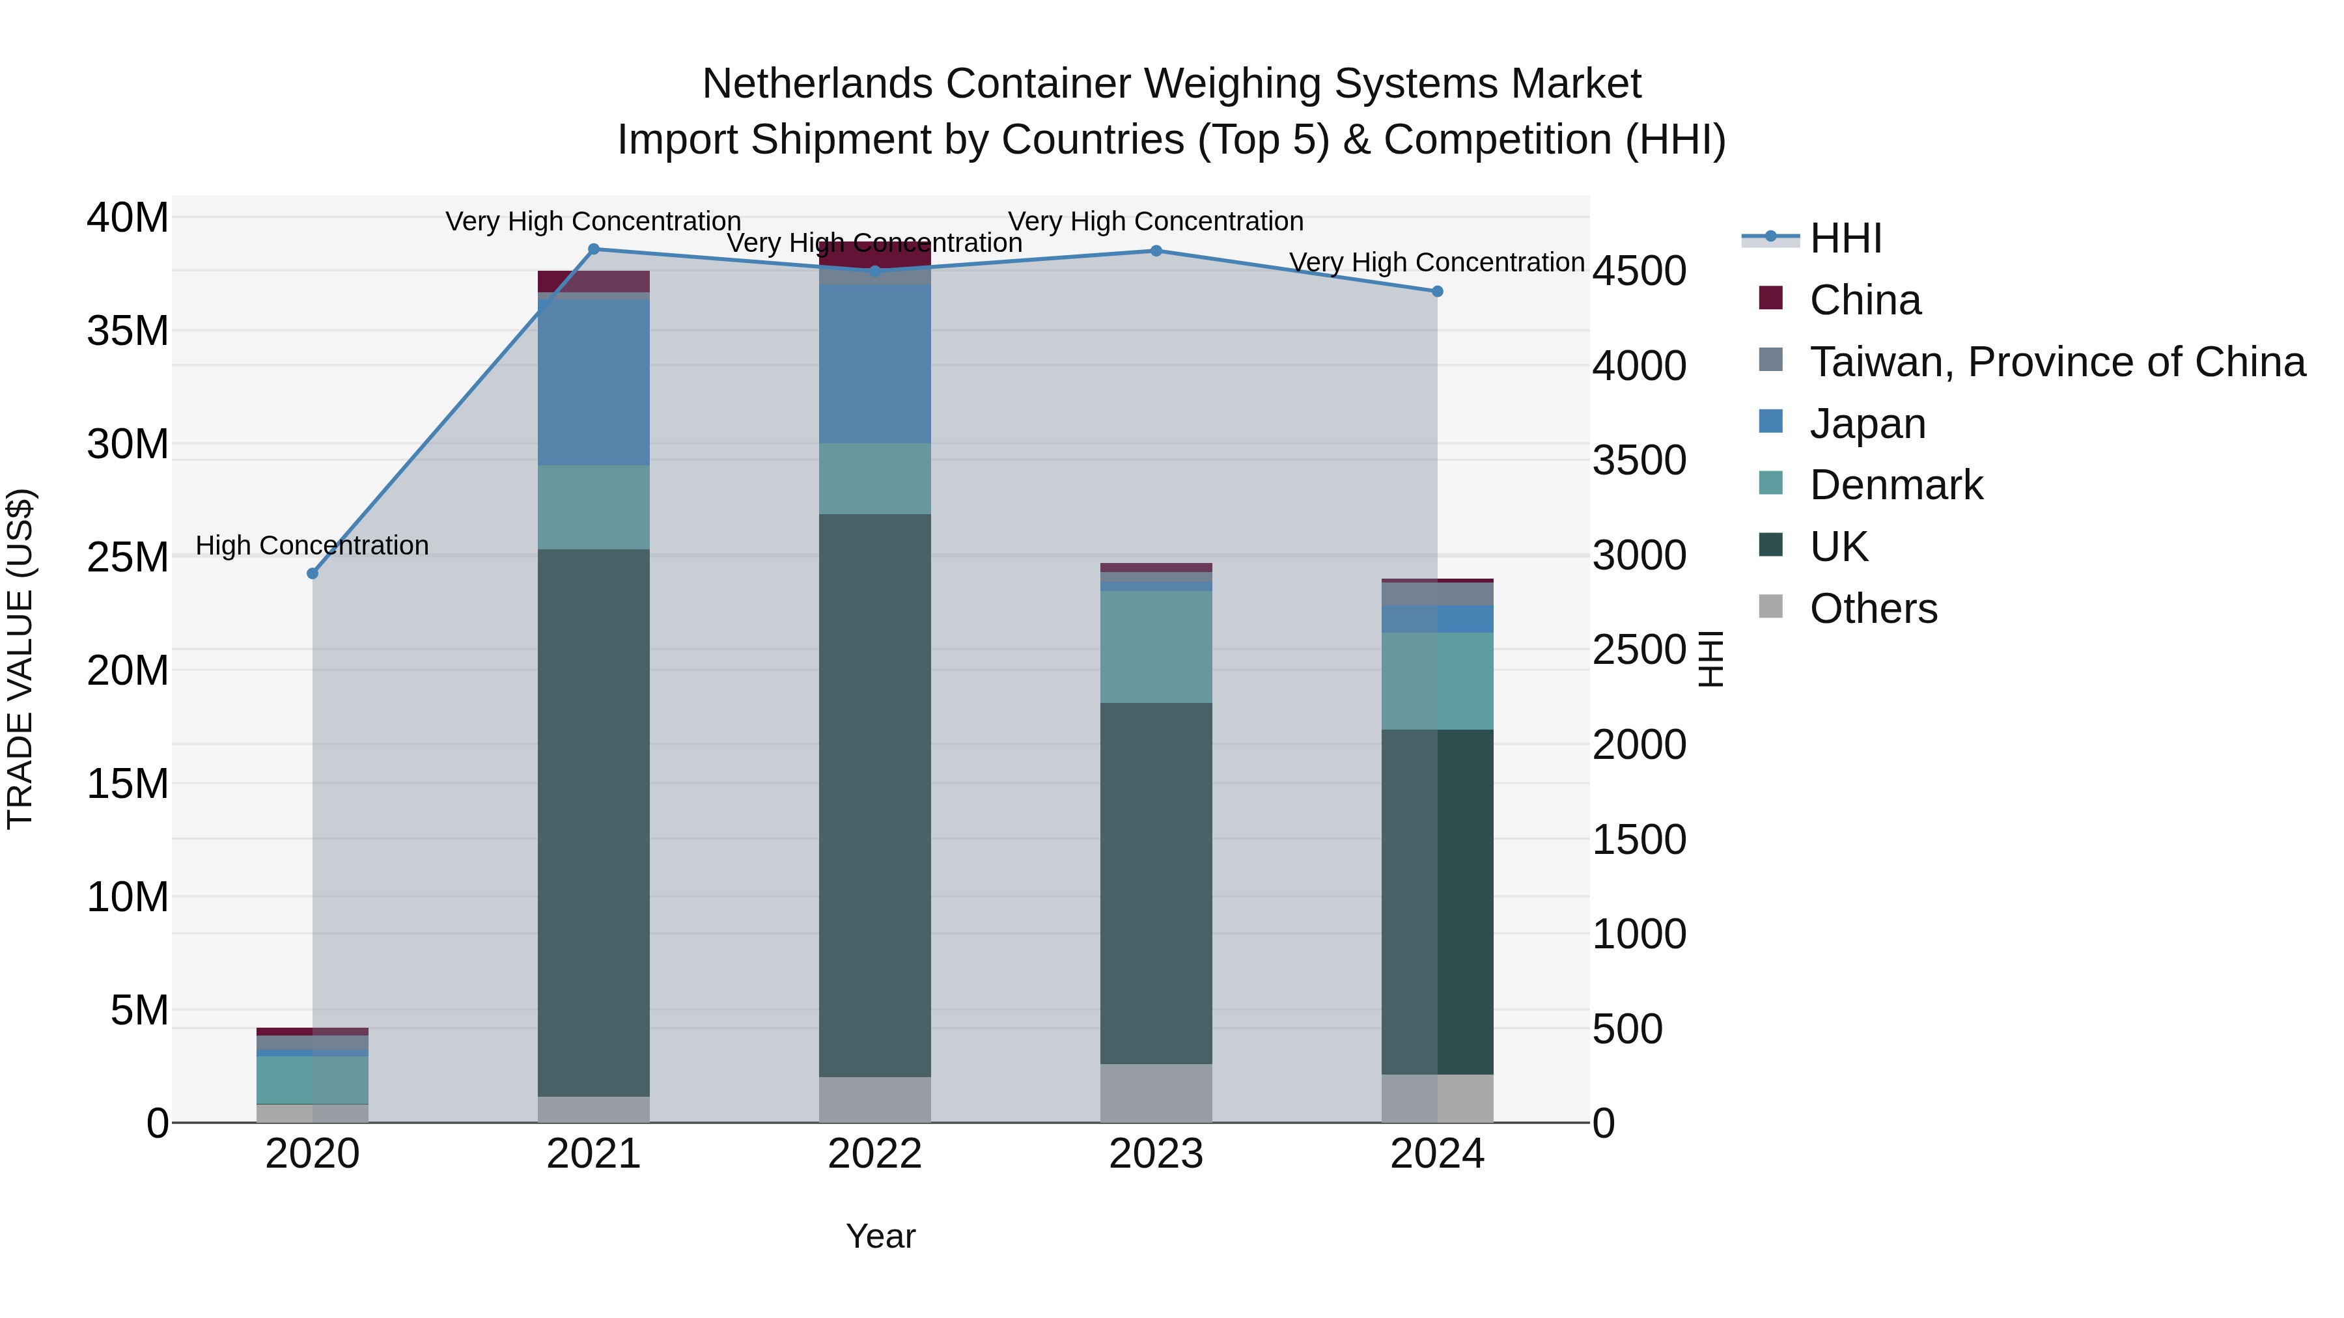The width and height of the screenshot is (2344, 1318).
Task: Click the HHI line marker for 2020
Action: click(312, 573)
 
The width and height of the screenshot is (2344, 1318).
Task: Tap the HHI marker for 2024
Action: click(1437, 291)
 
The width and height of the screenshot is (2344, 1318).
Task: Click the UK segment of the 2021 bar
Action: click(593, 819)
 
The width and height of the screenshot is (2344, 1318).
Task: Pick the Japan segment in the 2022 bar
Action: click(874, 364)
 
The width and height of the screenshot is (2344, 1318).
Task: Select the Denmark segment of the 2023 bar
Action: click(1156, 646)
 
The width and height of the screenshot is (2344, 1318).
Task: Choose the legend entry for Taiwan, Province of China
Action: click(2056, 362)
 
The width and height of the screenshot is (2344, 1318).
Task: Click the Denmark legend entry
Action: click(1895, 485)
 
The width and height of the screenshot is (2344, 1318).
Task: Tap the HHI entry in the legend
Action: click(1845, 238)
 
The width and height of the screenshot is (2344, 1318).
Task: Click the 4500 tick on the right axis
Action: click(1639, 271)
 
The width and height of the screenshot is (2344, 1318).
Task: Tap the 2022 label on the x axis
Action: click(874, 1154)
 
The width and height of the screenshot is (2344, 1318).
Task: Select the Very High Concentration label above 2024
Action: click(1437, 262)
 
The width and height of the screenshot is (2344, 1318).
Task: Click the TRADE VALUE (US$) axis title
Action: click(20, 659)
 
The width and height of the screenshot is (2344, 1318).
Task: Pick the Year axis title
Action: click(880, 1236)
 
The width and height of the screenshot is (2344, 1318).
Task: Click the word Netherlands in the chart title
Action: click(817, 84)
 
